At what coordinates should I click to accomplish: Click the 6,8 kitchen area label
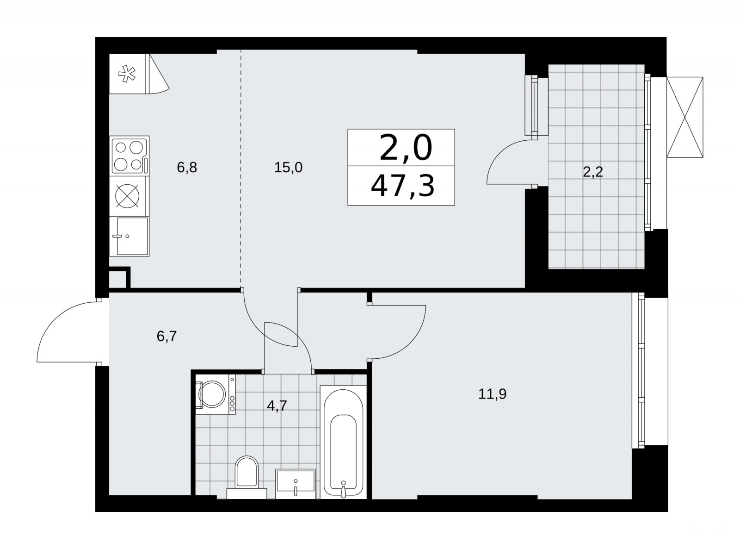point(187,167)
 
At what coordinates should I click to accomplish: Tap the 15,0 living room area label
point(288,167)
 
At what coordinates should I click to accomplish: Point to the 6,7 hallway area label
point(166,336)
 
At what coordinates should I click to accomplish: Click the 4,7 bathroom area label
point(277,406)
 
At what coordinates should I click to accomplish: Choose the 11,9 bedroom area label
point(492,394)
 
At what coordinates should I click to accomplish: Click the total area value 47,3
point(402,186)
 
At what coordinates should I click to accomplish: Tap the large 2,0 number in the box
point(406,147)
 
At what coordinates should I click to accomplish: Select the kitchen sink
point(129,236)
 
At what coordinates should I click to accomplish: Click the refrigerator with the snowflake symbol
point(128,74)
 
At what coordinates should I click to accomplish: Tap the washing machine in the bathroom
point(215,394)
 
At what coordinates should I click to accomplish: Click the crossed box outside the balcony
point(684,117)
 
